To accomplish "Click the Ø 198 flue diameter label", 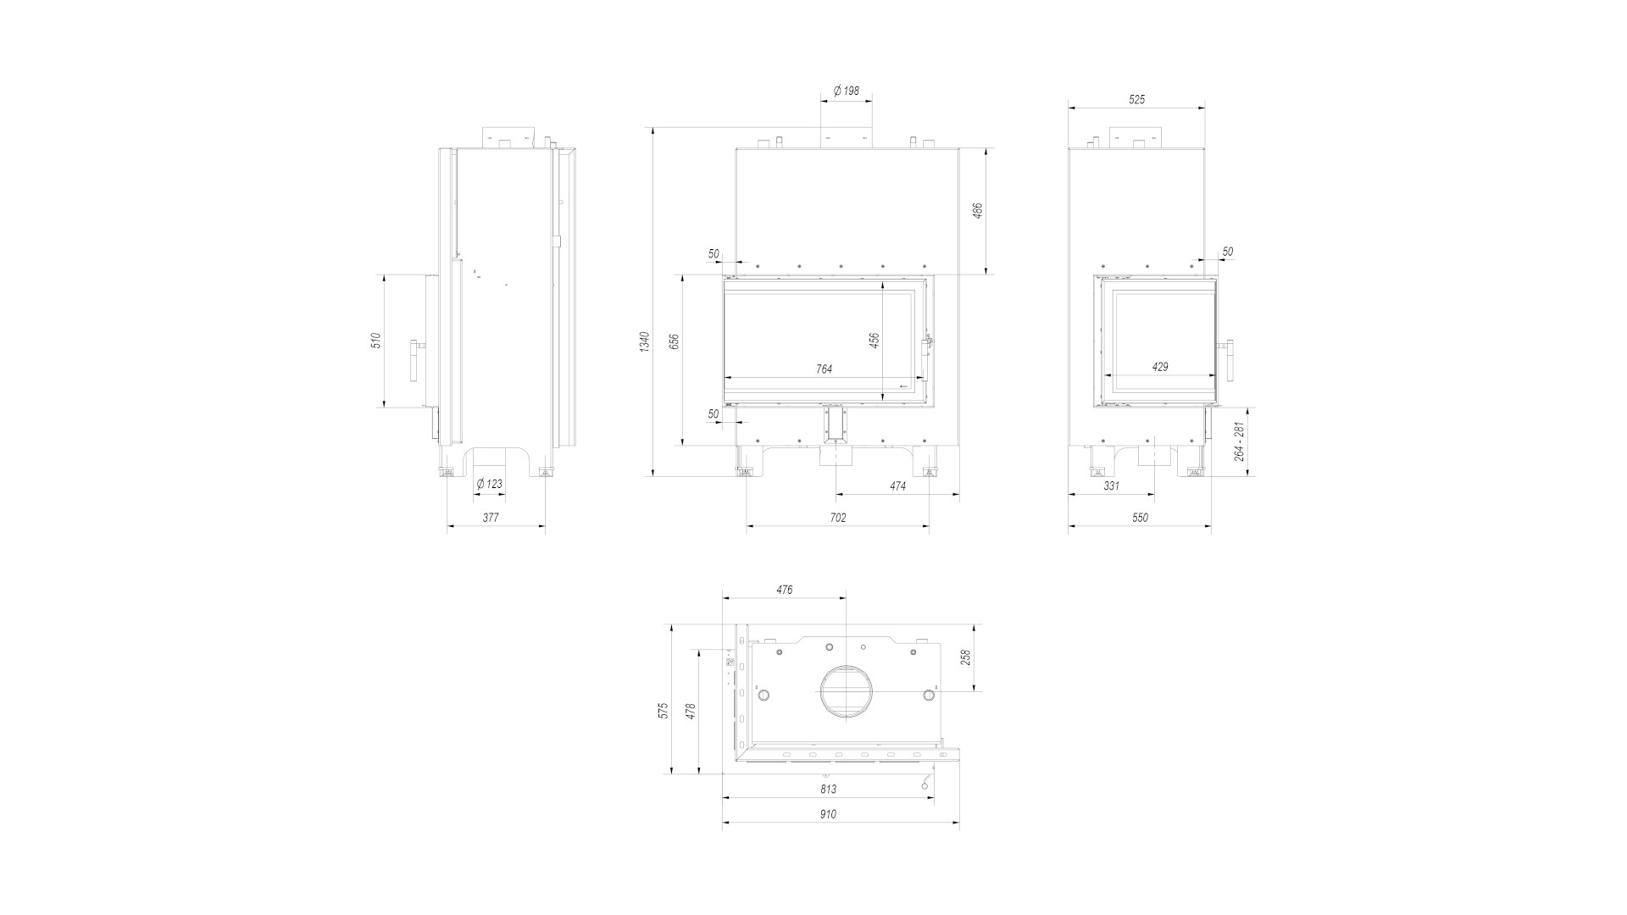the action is point(846,91).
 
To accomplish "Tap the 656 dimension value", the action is point(675,341).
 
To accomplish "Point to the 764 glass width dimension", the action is point(824,369).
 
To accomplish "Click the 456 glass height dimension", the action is point(875,340).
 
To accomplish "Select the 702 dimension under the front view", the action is point(837,518).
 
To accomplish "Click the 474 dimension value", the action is point(897,486).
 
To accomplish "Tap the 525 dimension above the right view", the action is point(1136,99).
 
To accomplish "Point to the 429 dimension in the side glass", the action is point(1160,367).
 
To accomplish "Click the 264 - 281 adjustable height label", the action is point(1241,441).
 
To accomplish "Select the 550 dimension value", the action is point(1140,518).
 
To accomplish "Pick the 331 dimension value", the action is point(1111,486).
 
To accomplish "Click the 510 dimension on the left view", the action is point(376,340).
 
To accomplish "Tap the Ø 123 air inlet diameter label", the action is point(489,484).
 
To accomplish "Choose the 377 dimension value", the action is point(491,518).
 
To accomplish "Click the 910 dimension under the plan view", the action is point(828,814).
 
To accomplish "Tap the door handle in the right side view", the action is point(1228,360).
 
